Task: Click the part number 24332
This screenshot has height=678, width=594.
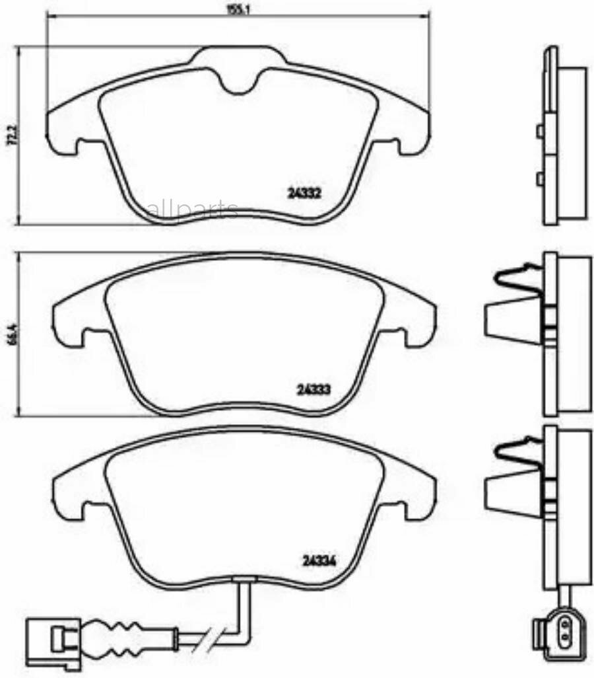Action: coord(304,194)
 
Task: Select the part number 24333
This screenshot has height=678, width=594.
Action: coord(313,389)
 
